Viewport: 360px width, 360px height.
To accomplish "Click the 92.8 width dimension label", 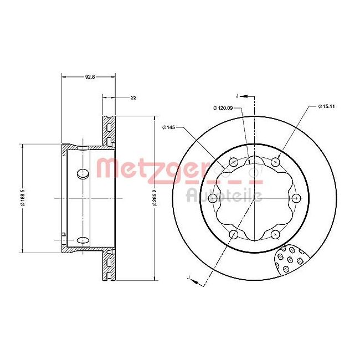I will [x=89, y=78].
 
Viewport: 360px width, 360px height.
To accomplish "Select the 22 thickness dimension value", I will [x=133, y=97].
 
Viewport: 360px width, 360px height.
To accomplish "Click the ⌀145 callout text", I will [x=169, y=128].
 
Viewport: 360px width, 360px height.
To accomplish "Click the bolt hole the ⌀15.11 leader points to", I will [x=275, y=162].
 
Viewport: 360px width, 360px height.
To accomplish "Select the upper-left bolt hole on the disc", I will [x=233, y=162].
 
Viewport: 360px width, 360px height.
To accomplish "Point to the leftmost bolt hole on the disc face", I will [x=212, y=198].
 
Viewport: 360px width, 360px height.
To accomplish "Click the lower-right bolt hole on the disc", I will [x=275, y=234].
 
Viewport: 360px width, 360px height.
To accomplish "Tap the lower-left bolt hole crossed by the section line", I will [x=233, y=234].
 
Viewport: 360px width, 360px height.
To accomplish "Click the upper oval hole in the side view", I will [x=83, y=173].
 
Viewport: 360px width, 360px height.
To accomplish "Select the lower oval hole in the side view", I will [x=83, y=240].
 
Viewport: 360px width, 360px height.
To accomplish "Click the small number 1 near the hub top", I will [x=249, y=161].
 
